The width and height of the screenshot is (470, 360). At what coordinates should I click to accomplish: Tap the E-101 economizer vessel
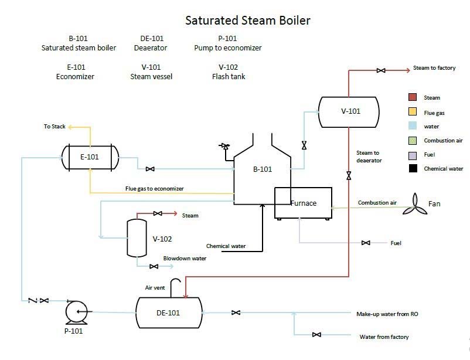click(x=90, y=157)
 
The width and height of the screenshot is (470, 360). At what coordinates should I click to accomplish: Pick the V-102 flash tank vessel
click(x=137, y=238)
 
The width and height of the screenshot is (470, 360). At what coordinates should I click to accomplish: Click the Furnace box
click(x=304, y=203)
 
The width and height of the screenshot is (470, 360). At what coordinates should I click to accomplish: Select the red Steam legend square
click(x=412, y=97)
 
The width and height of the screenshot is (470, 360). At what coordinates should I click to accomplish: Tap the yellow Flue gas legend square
click(x=412, y=112)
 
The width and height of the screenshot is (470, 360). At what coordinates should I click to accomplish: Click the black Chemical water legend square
click(x=412, y=169)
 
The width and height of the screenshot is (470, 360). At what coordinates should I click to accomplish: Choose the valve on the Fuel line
click(x=366, y=243)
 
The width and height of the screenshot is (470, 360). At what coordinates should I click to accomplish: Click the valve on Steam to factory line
click(x=381, y=70)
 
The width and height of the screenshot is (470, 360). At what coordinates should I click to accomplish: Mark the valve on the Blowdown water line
click(x=154, y=266)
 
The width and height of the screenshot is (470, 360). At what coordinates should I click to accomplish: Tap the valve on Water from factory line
click(x=316, y=335)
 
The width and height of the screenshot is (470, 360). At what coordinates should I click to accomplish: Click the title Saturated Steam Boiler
click(x=248, y=21)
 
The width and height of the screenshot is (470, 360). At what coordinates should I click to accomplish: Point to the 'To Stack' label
click(x=55, y=126)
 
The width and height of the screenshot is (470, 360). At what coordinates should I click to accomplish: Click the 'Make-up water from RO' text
click(x=387, y=314)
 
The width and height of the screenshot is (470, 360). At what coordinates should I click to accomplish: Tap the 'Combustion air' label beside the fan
click(x=377, y=203)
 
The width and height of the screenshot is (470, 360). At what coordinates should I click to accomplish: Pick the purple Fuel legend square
click(x=412, y=155)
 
